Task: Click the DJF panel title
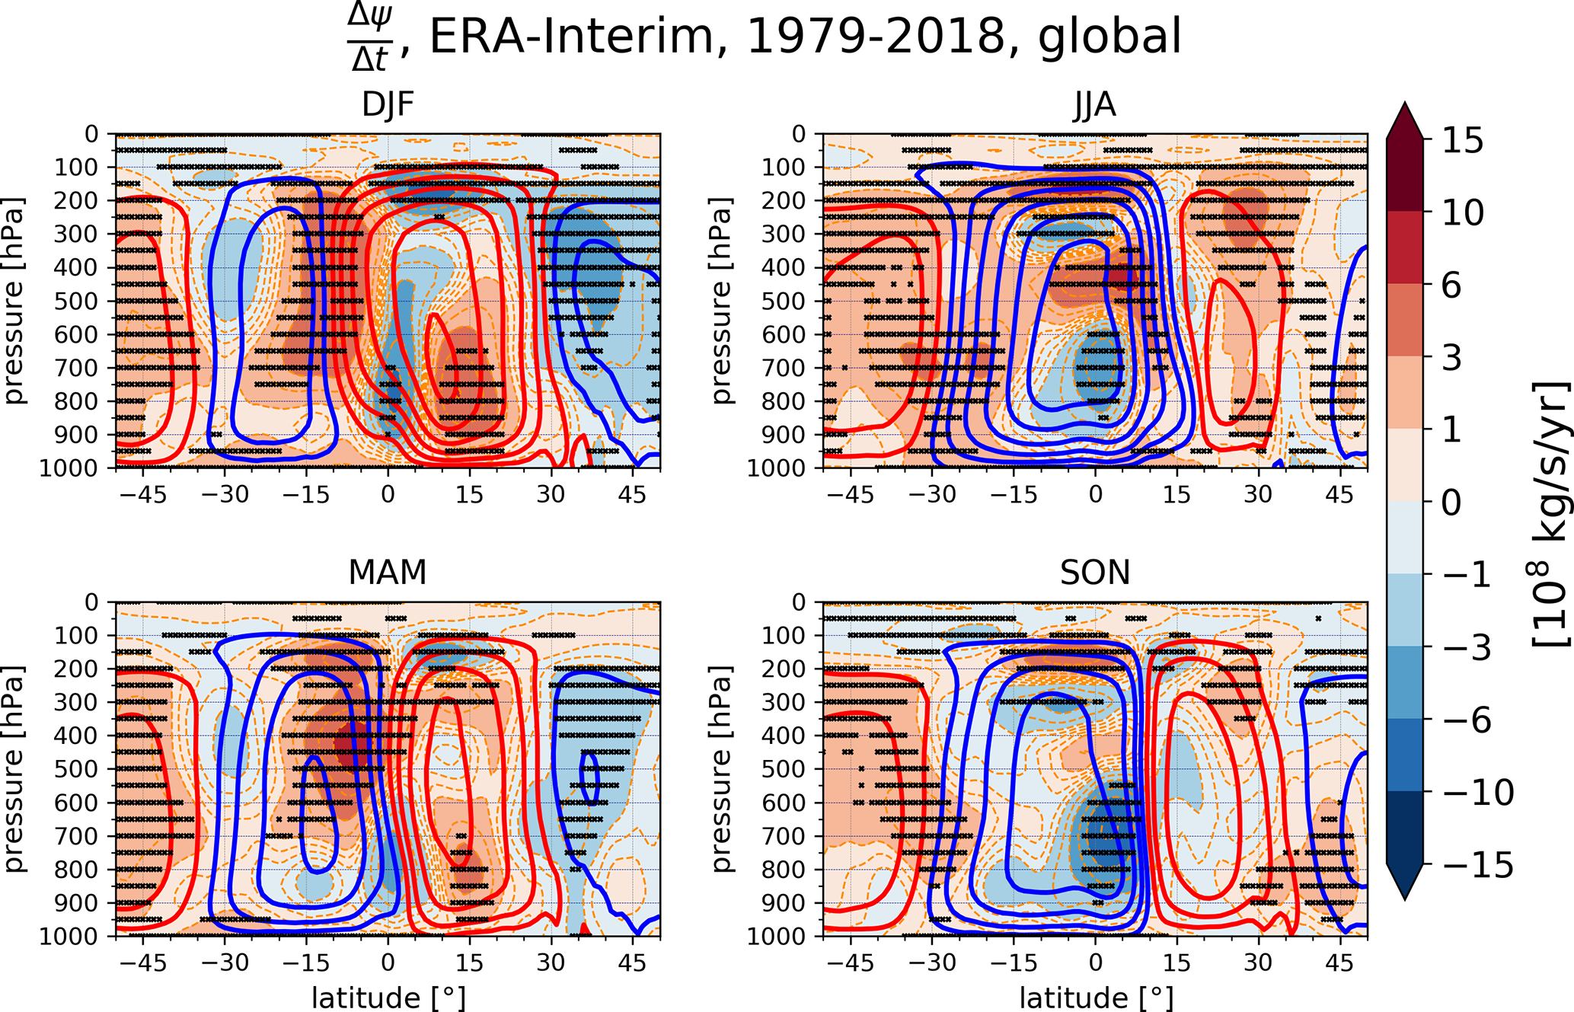tap(388, 104)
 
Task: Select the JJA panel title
tap(1094, 104)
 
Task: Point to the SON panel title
tap(1095, 572)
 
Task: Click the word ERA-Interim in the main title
tap(571, 36)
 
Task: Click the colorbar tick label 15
tap(1463, 141)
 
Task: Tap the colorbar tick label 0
tap(1451, 503)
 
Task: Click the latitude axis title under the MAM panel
tap(388, 998)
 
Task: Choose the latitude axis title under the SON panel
tap(1096, 998)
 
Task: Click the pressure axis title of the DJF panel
tap(14, 301)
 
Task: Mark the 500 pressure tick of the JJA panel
tap(784, 301)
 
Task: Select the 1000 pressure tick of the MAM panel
tap(69, 936)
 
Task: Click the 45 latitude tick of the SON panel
tap(1339, 962)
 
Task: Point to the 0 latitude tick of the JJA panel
tap(1095, 494)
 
